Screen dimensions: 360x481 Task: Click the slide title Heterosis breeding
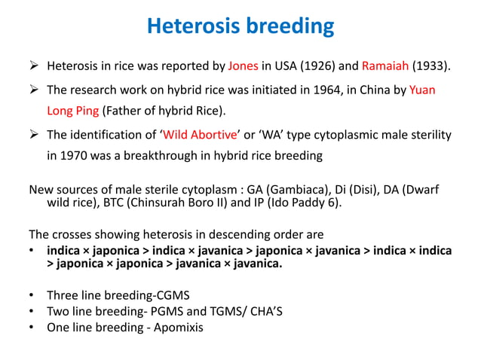[240, 26]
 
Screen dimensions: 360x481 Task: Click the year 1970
[75, 156]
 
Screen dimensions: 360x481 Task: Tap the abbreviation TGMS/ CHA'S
[263, 311]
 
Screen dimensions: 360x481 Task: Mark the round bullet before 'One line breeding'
[32, 328]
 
